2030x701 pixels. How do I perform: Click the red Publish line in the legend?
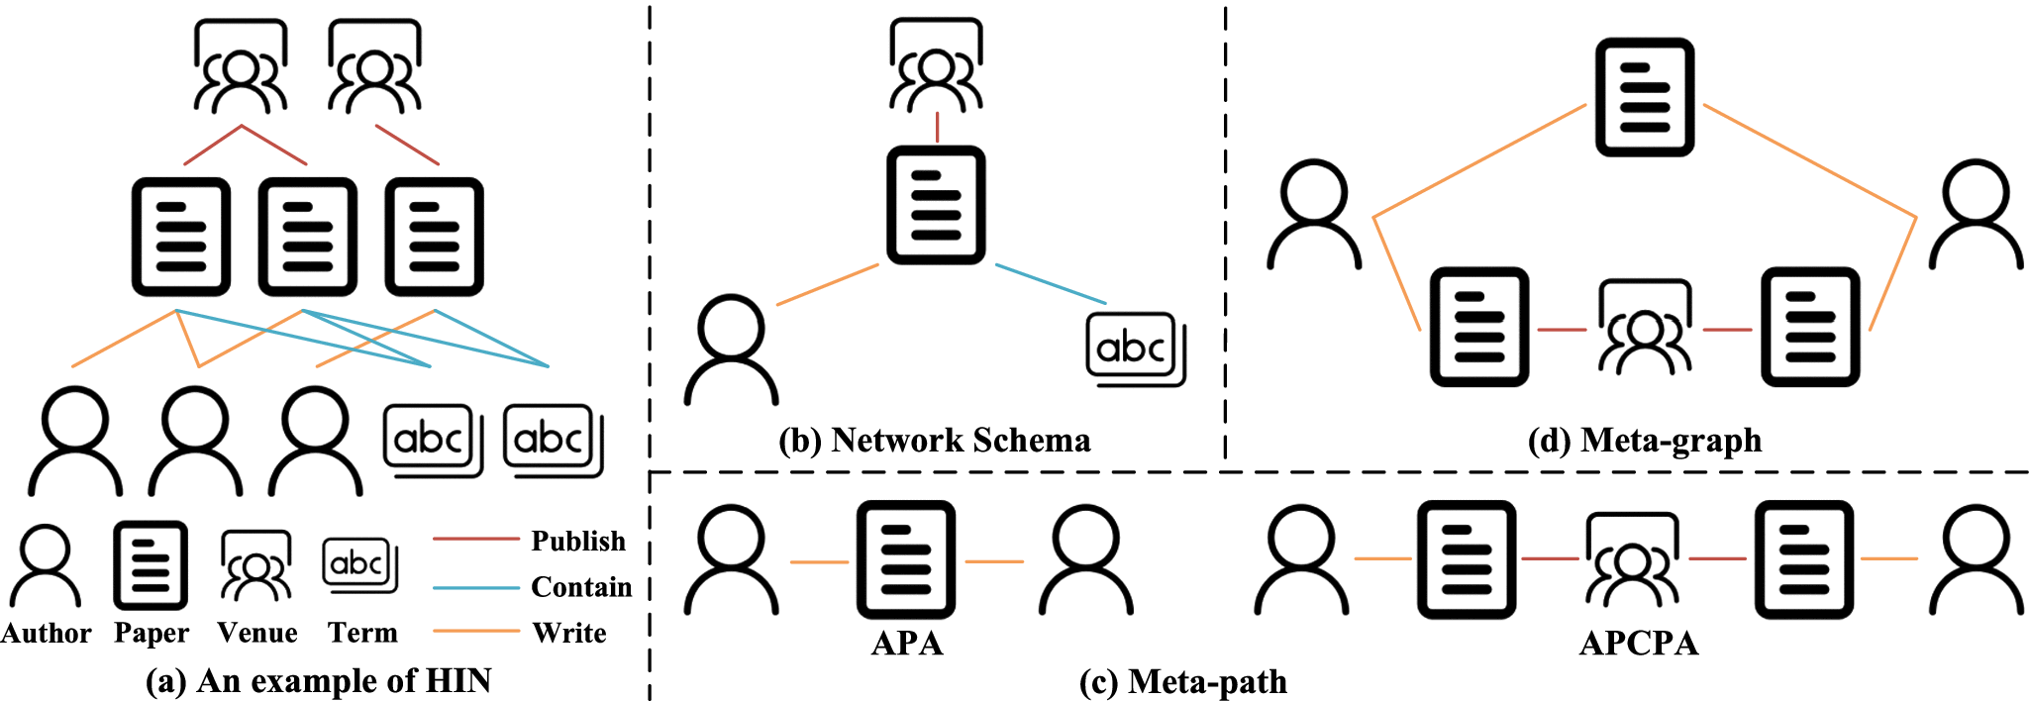(x=476, y=539)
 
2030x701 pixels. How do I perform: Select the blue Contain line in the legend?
(x=476, y=587)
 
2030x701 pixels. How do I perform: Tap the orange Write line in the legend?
(x=476, y=631)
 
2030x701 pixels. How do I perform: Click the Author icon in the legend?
(x=46, y=565)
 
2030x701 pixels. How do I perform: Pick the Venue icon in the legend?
(x=255, y=566)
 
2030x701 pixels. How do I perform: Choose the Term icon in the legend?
(x=359, y=565)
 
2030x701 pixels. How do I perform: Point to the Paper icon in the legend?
(x=151, y=564)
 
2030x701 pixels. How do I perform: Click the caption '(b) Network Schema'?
(x=935, y=440)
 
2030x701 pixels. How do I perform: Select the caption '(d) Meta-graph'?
(x=1645, y=440)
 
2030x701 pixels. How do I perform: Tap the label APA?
(x=907, y=644)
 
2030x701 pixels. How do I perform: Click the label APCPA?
(x=1639, y=644)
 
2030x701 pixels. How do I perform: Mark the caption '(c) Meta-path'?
(x=1183, y=681)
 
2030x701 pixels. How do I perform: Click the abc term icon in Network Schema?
(x=1135, y=349)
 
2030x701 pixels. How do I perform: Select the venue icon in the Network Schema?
(x=936, y=64)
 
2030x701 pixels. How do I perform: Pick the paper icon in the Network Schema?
(x=936, y=205)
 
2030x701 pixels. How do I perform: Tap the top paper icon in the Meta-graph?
(x=1645, y=97)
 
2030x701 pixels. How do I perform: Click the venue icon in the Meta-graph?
(x=1645, y=328)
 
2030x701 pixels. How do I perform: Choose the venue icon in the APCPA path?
(x=1632, y=559)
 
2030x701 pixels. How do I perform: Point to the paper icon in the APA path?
(x=906, y=559)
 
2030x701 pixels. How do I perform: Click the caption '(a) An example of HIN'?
(x=319, y=681)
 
